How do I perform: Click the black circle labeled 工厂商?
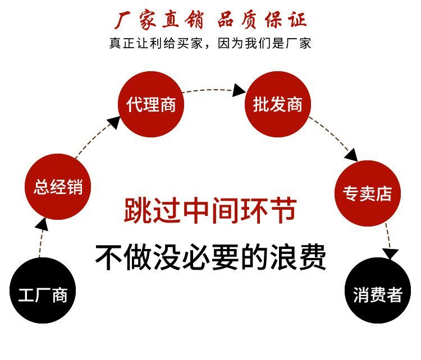pyautogui.click(x=43, y=290)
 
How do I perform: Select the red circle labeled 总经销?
pyautogui.click(x=58, y=187)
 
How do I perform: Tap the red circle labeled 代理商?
pyautogui.click(x=151, y=104)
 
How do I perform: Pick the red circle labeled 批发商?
pyautogui.click(x=278, y=104)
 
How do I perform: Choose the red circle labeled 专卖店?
pyautogui.click(x=368, y=193)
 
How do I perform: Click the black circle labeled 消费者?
pyautogui.click(x=378, y=290)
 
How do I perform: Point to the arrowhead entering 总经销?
pyautogui.click(x=42, y=225)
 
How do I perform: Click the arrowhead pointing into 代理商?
pyautogui.click(x=115, y=123)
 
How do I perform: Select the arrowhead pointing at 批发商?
pyautogui.click(x=239, y=90)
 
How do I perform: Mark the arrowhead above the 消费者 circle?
pyautogui.click(x=391, y=253)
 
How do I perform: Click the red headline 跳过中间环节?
pyautogui.click(x=210, y=211)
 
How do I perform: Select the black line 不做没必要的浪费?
pyautogui.click(x=210, y=257)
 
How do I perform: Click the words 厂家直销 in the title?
pyautogui.click(x=159, y=20)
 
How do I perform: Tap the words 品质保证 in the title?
pyautogui.click(x=262, y=20)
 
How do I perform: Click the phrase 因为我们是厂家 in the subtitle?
pyautogui.click(x=264, y=43)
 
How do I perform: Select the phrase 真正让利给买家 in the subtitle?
pyautogui.click(x=156, y=43)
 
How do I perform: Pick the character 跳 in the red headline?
pyautogui.click(x=138, y=211)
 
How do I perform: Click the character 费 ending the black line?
pyautogui.click(x=313, y=257)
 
